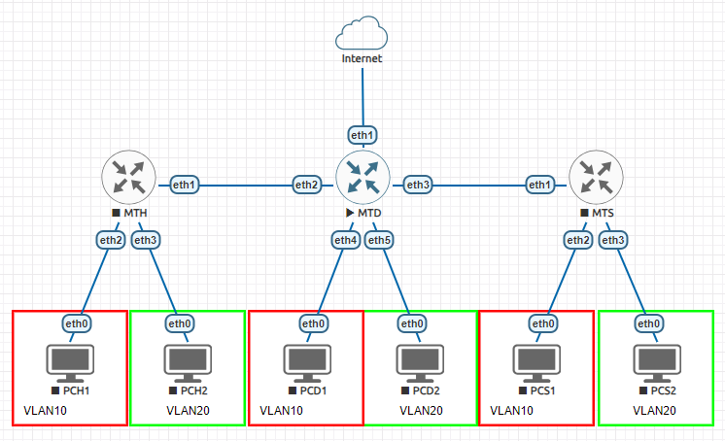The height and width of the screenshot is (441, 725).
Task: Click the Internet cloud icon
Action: click(362, 35)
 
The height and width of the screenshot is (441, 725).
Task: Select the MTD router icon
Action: click(362, 177)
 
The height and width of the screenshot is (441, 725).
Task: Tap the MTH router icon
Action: click(128, 177)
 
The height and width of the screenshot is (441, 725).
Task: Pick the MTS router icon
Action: click(595, 177)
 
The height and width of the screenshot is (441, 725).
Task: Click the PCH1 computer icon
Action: click(70, 361)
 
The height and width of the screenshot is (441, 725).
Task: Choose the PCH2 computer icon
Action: click(189, 361)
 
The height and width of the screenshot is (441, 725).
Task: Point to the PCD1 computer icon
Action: click(306, 361)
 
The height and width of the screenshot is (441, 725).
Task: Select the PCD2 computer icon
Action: click(420, 361)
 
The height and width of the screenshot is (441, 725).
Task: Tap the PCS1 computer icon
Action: click(536, 361)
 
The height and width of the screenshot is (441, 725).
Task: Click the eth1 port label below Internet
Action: click(362, 134)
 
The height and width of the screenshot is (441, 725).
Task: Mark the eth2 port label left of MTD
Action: click(307, 185)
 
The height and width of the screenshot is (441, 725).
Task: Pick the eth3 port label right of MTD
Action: click(418, 185)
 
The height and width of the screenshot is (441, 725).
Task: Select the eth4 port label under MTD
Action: click(345, 239)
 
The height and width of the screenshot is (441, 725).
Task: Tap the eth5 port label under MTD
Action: click(380, 239)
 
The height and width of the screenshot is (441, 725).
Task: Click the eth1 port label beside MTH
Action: click(185, 184)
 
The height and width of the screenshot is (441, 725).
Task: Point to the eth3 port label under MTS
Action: click(613, 240)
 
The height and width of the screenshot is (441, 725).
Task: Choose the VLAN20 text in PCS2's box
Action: click(654, 411)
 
